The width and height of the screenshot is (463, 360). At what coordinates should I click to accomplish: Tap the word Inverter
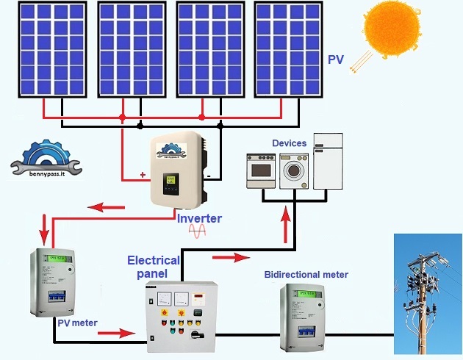click(198, 218)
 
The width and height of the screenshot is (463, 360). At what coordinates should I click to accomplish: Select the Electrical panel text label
click(153, 266)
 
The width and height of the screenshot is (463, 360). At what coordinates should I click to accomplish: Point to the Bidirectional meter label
click(306, 275)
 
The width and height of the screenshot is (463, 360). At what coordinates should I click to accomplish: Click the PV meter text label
click(76, 322)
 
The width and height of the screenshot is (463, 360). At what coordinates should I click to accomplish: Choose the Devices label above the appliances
click(290, 143)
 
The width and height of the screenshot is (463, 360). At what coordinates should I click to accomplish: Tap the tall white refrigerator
click(328, 161)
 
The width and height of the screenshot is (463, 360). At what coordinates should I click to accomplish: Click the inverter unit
click(177, 169)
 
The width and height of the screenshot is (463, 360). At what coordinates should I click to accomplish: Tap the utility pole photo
click(427, 293)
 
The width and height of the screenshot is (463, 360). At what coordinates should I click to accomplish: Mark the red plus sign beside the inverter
click(143, 176)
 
